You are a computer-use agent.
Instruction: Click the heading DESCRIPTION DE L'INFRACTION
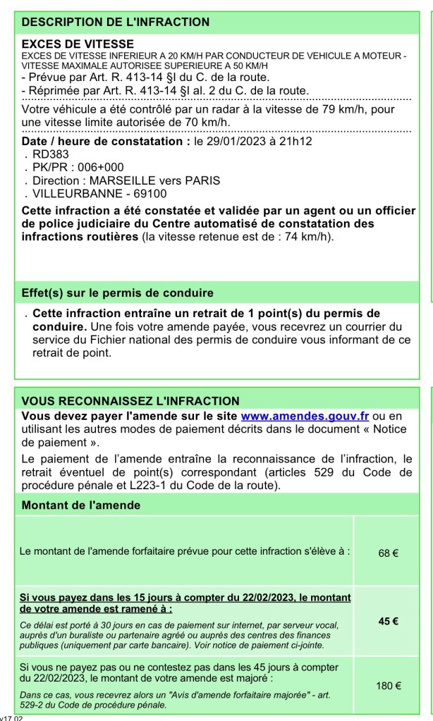click(116, 22)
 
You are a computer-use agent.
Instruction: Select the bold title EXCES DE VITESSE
click(67, 44)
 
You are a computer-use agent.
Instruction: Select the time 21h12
click(296, 141)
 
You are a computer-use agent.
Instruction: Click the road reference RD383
click(51, 154)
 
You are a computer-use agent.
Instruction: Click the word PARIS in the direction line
click(203, 180)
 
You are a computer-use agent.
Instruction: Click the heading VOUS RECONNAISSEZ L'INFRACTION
click(121, 401)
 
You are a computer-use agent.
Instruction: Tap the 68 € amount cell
click(389, 553)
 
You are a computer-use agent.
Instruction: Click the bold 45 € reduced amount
click(389, 621)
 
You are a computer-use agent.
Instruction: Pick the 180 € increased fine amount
click(389, 684)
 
